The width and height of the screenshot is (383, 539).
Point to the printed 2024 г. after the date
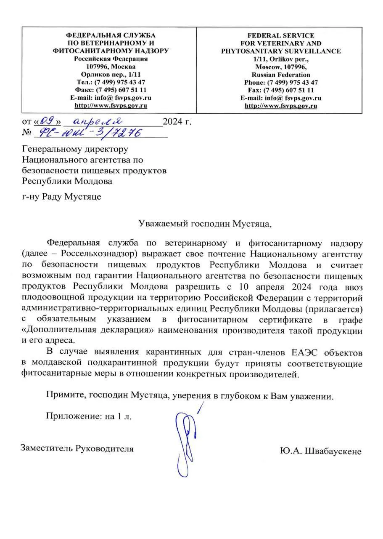click(177, 123)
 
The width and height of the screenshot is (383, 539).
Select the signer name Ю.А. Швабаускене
click(320, 451)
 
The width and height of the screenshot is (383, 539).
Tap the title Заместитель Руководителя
click(77, 448)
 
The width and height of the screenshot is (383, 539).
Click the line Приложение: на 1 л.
click(89, 416)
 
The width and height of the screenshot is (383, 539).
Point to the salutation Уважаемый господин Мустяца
click(205, 224)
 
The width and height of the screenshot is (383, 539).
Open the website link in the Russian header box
click(111, 105)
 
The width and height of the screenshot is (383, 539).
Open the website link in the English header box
click(280, 106)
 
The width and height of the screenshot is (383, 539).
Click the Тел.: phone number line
click(111, 82)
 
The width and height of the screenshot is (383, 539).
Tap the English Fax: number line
click(280, 90)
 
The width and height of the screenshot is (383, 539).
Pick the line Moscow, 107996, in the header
click(280, 67)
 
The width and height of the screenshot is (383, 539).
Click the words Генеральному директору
click(75, 149)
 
